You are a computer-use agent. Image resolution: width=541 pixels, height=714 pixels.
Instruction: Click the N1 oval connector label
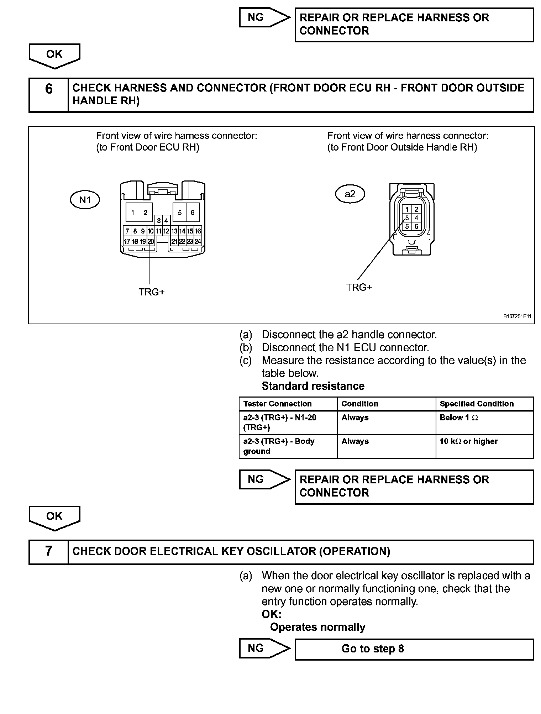85,200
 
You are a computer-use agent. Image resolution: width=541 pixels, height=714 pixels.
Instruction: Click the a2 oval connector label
350,194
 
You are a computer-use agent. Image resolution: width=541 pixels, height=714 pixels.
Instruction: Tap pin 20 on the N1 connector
151,241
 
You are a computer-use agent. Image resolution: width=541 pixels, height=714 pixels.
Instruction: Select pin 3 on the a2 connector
407,218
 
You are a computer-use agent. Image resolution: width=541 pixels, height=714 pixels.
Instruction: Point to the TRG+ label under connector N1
152,292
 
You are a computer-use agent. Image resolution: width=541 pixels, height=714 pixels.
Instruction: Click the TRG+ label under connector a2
359,287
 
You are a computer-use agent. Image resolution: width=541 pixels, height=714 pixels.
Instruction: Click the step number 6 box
49,95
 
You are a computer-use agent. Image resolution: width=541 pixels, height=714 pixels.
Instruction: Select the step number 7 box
49,552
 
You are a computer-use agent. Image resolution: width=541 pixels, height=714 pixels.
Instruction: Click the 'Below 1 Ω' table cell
484,422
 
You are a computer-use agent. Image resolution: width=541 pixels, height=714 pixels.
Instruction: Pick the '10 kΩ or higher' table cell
484,446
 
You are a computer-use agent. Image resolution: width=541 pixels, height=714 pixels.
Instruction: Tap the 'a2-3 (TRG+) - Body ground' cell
288,446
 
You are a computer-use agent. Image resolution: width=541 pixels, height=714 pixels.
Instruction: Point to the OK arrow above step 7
54,517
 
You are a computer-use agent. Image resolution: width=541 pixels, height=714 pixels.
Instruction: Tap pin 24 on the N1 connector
198,241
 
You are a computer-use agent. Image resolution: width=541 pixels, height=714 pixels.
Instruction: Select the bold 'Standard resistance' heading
313,386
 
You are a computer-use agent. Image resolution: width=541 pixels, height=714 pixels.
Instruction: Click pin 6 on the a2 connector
416,226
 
